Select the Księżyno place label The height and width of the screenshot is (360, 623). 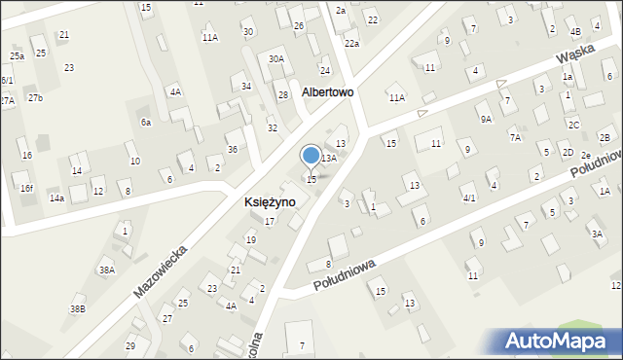(x=269, y=201)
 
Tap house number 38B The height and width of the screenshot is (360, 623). (x=77, y=309)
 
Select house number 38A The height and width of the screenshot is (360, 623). (x=107, y=270)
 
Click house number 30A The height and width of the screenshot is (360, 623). (x=276, y=59)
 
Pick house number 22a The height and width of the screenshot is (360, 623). (x=351, y=44)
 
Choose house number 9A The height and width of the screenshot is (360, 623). (x=485, y=119)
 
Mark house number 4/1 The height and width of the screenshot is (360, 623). (x=469, y=198)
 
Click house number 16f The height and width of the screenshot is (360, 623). (x=27, y=188)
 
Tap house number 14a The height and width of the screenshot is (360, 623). (x=56, y=198)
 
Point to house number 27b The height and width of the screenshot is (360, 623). (x=35, y=98)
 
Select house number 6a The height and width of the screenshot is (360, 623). (x=146, y=123)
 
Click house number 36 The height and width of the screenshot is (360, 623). (x=232, y=149)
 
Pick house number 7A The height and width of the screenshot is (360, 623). (x=514, y=138)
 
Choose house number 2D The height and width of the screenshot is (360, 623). (x=567, y=153)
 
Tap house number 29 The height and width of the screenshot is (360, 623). (x=129, y=346)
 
